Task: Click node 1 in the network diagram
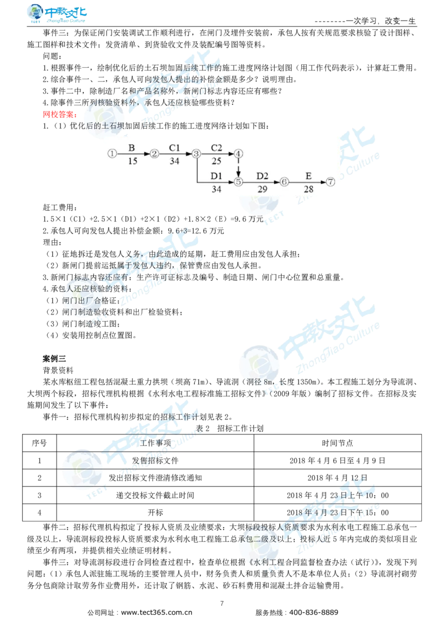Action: pyautogui.click(x=112, y=154)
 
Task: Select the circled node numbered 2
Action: pyautogui.click(x=154, y=154)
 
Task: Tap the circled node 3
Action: pyautogui.click(x=196, y=154)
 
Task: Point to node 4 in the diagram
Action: pyautogui.click(x=238, y=154)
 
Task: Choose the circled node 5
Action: pyautogui.click(x=238, y=181)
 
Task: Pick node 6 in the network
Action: pyautogui.click(x=284, y=181)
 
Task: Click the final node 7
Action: pyautogui.click(x=330, y=181)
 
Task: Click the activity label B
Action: pyautogui.click(x=132, y=148)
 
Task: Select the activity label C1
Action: pyautogui.click(x=175, y=148)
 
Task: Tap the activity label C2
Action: pyautogui.click(x=216, y=148)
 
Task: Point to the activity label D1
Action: pyautogui.click(x=216, y=176)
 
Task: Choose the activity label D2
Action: pyautogui.click(x=262, y=176)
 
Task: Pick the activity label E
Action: pyautogui.click(x=308, y=176)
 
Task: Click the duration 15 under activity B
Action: pyautogui.click(x=133, y=161)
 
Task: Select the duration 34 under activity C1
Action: pyautogui.click(x=175, y=161)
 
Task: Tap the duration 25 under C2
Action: pyautogui.click(x=216, y=161)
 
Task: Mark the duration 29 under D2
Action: pyautogui.click(x=262, y=189)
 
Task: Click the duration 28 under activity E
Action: pyautogui.click(x=308, y=189)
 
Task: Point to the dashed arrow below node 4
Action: pyautogui.click(x=238, y=168)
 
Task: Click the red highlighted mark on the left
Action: pyautogui.click(x=58, y=114)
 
